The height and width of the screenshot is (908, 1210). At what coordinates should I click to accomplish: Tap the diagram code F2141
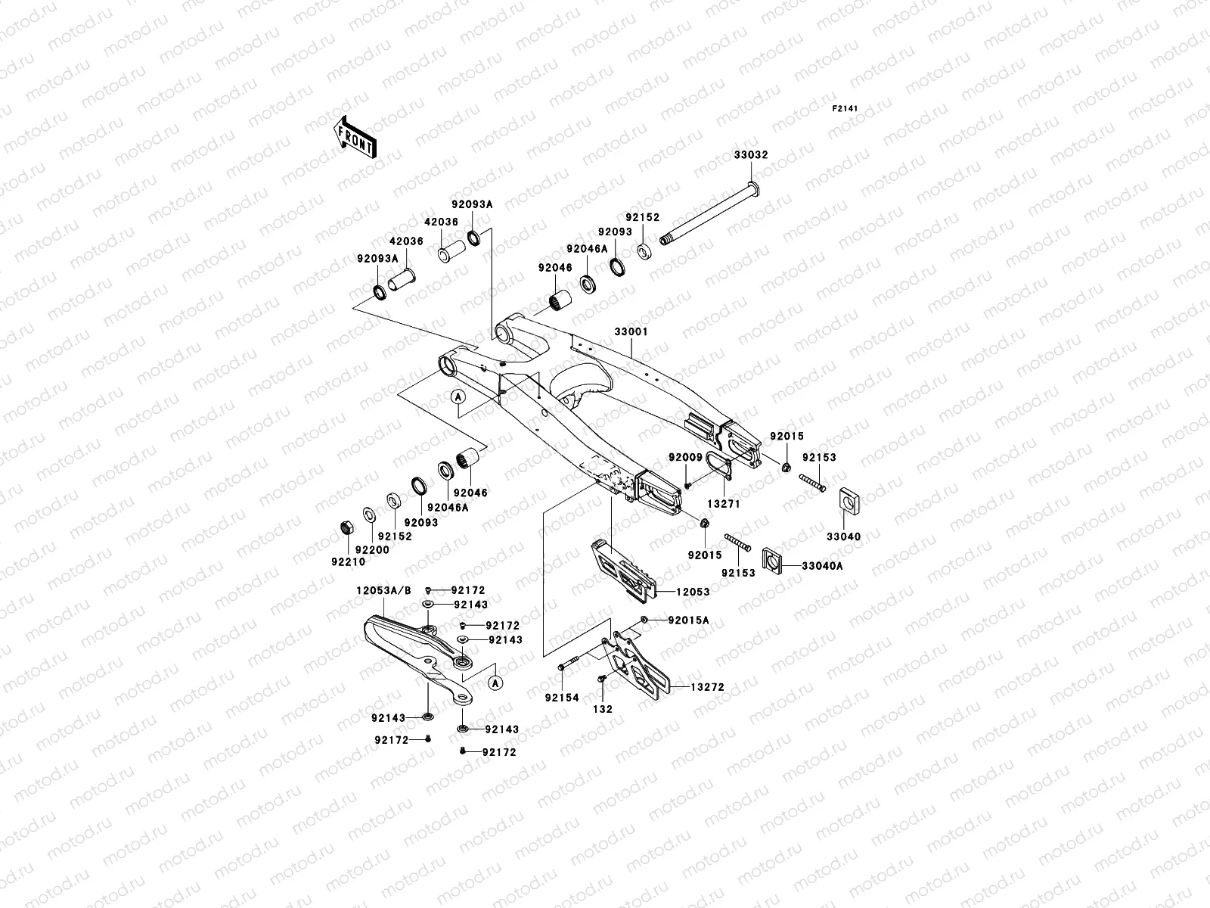[848, 109]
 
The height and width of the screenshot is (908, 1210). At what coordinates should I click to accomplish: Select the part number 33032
[750, 155]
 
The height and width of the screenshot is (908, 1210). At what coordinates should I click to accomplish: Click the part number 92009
[685, 457]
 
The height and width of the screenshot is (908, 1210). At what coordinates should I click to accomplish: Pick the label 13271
[724, 503]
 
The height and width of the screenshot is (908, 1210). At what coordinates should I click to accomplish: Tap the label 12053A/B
[384, 591]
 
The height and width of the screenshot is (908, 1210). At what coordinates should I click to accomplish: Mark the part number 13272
[706, 687]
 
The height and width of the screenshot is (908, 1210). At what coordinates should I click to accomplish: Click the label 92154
[562, 698]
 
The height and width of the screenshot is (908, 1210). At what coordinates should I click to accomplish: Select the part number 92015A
[688, 620]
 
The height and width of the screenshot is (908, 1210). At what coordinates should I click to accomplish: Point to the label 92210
[348, 561]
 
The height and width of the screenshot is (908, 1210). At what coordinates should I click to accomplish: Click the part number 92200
[371, 550]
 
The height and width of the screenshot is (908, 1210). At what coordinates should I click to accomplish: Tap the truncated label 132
[603, 709]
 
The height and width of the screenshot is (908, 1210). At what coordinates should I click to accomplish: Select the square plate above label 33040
[852, 500]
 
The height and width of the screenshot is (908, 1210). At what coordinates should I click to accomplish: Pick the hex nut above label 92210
[346, 527]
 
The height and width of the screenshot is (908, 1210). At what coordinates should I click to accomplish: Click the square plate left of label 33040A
[772, 560]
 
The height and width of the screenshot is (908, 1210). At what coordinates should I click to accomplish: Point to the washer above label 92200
[368, 515]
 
